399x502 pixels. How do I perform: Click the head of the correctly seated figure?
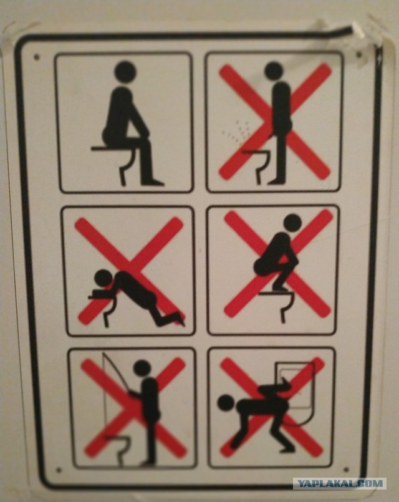click(125, 72)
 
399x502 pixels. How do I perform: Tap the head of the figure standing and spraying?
click(274, 71)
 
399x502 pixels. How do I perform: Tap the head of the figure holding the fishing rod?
click(142, 369)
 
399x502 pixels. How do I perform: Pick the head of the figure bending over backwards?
click(226, 403)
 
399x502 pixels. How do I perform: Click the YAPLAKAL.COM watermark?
click(340, 483)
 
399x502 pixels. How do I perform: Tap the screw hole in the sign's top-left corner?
click(37, 57)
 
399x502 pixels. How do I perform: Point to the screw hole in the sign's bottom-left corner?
click(59, 470)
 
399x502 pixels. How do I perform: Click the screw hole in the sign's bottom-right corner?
click(346, 470)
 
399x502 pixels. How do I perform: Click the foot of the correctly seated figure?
click(153, 183)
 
